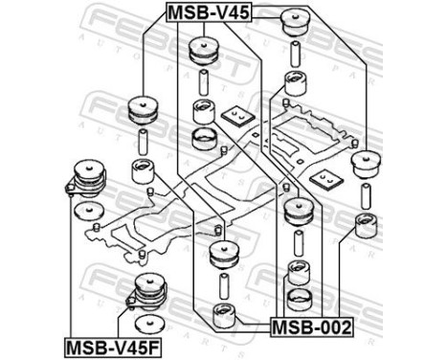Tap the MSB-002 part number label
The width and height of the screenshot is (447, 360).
coord(311,327)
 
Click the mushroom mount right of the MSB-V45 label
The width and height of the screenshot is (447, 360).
coord(294,22)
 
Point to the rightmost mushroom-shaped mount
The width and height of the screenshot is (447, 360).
coord(365,164)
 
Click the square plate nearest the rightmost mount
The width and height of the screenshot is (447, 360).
coord(329,179)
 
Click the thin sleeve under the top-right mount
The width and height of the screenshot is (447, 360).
coord(294,54)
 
